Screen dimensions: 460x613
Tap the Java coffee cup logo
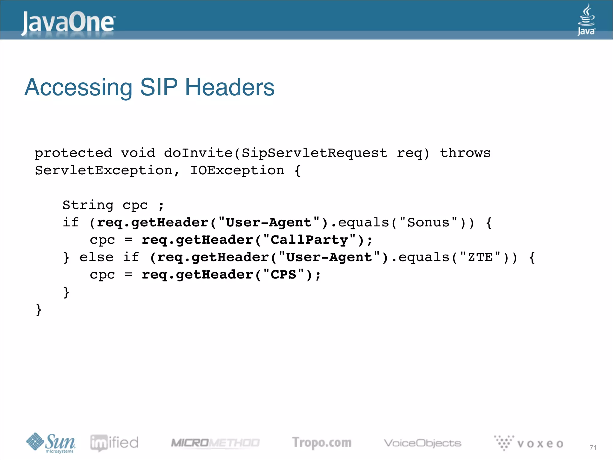click(586, 20)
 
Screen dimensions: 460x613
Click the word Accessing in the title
click(78, 87)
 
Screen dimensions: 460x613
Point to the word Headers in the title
click(230, 87)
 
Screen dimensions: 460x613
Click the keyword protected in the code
click(73, 153)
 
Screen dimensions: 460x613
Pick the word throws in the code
click(465, 153)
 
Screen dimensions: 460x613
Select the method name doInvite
click(198, 153)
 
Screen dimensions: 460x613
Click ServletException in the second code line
click(104, 170)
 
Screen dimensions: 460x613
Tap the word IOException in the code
click(237, 170)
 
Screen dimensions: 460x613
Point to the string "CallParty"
click(309, 240)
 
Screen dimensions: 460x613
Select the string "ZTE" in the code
click(480, 257)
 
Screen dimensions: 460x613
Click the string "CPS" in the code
click(283, 275)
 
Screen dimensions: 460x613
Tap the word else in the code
click(97, 257)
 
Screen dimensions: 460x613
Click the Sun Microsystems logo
click(51, 443)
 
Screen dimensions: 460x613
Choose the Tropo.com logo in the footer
click(322, 443)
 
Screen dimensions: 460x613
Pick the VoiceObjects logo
click(422, 443)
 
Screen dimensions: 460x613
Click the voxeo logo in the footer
click(529, 443)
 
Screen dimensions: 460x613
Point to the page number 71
click(593, 447)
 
